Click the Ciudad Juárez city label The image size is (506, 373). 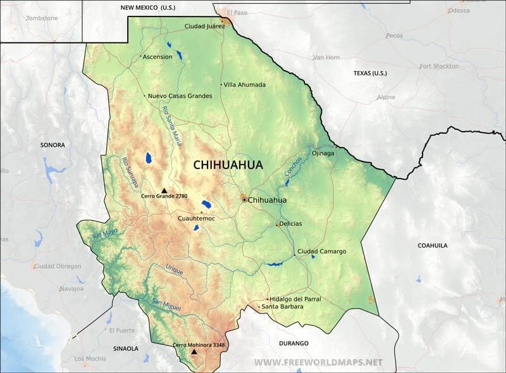[204, 26]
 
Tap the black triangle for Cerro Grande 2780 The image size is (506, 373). [164, 190]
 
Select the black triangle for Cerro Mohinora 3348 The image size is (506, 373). [194, 351]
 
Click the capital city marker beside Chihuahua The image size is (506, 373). [244, 199]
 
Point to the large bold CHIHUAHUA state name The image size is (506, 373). [228, 165]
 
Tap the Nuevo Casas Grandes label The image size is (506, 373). [180, 96]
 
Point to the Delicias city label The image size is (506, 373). [292, 224]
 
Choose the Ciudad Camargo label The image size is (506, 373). [321, 251]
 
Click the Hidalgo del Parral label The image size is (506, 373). [295, 299]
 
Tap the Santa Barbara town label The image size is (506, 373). [282, 307]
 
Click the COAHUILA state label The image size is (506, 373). [433, 244]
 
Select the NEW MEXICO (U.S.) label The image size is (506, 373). [148, 7]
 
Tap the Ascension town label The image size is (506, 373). [157, 56]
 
